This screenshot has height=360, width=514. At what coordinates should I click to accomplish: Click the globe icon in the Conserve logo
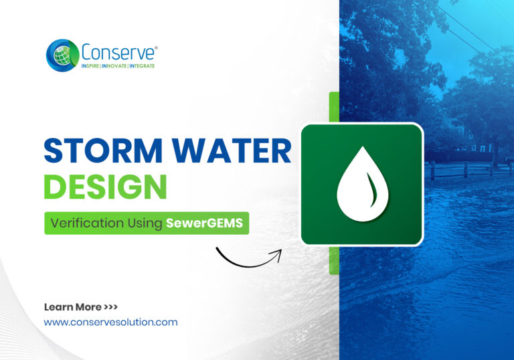[x=62, y=54]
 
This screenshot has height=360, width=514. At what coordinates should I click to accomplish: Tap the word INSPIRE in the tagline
[x=94, y=66]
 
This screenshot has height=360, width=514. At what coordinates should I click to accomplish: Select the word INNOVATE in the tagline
[x=116, y=66]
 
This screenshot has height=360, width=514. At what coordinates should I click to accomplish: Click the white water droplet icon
[x=361, y=185]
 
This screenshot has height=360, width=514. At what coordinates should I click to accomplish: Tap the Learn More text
[x=73, y=307]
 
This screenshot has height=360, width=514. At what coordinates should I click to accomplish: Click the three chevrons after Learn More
[x=111, y=307]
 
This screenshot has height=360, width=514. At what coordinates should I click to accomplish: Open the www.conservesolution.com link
[x=110, y=322]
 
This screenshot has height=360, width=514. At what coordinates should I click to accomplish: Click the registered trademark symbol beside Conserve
[x=156, y=47]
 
